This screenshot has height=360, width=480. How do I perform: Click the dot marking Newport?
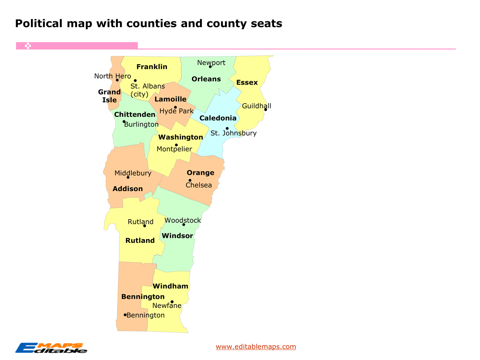[x=210, y=67]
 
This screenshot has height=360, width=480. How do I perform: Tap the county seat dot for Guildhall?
[x=265, y=110]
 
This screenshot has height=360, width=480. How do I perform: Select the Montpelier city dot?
[x=176, y=145]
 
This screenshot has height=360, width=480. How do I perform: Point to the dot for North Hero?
[x=117, y=80]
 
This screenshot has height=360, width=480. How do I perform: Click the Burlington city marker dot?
[x=124, y=122]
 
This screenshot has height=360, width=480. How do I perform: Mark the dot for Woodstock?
[x=184, y=225]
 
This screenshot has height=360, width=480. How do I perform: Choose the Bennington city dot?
[x=125, y=315]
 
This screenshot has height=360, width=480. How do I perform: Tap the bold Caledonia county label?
[x=218, y=118]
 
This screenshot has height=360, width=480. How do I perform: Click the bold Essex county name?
[x=247, y=83]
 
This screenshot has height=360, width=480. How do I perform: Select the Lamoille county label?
[x=170, y=99]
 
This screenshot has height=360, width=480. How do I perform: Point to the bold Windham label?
[x=170, y=286]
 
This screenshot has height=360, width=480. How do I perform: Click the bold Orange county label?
[x=200, y=173]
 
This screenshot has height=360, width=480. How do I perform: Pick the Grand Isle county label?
[x=109, y=96]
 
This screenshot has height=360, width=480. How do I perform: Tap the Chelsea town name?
[x=199, y=185]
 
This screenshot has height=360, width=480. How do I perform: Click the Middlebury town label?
[x=133, y=173]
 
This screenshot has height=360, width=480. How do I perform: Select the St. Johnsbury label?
[x=233, y=133]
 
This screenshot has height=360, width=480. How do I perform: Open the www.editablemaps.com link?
[x=256, y=347]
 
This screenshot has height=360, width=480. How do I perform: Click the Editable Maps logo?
[x=51, y=348]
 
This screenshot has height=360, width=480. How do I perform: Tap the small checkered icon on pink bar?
[x=28, y=46]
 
